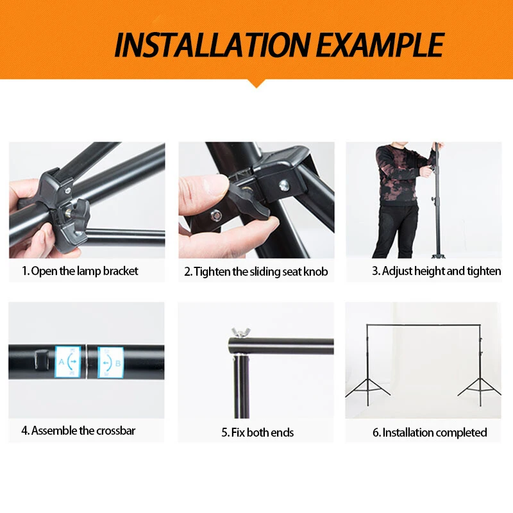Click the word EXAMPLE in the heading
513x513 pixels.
point(380,45)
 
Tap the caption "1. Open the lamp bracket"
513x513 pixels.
point(80,271)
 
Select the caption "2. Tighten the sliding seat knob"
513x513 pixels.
point(256,272)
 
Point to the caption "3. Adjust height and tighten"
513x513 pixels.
point(437,271)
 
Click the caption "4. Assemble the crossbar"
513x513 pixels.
point(78,430)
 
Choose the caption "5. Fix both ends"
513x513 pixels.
point(258,432)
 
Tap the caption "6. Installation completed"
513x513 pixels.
point(430,432)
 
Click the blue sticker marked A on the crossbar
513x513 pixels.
point(68,362)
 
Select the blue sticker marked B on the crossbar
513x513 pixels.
point(110,362)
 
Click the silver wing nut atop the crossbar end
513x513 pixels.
point(240,332)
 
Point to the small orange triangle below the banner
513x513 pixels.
point(256,84)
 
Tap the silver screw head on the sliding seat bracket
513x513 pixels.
point(284,185)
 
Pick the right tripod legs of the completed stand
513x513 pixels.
point(480,391)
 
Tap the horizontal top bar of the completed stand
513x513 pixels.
point(424,325)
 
